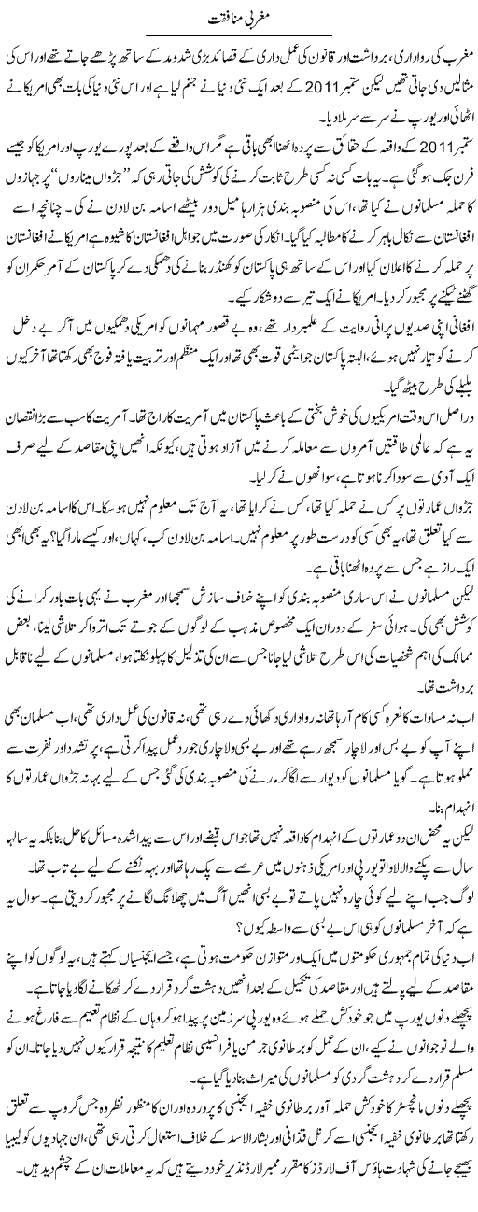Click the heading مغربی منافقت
tap(238, 16)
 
